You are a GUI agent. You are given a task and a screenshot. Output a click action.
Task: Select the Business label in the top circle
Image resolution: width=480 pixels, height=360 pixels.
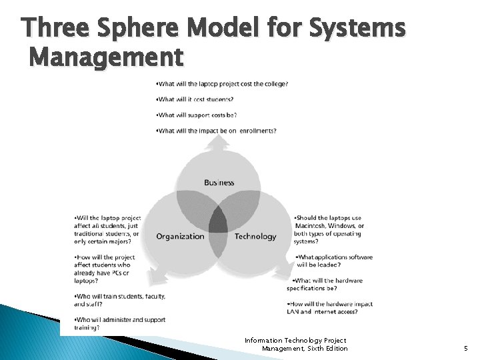219,183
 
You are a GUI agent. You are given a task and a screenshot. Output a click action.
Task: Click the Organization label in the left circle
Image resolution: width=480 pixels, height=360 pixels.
180,236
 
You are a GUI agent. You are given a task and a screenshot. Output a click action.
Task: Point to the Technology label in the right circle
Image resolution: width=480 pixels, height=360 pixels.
255,236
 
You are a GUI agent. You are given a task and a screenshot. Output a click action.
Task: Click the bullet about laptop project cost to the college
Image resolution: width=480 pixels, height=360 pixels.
221,83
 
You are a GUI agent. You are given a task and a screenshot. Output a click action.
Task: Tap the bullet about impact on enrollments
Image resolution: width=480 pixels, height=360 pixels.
216,131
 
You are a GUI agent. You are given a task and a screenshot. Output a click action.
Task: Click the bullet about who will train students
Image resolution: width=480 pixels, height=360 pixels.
119,299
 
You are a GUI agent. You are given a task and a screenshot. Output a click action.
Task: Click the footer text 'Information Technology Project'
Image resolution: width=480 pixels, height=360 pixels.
295,341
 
